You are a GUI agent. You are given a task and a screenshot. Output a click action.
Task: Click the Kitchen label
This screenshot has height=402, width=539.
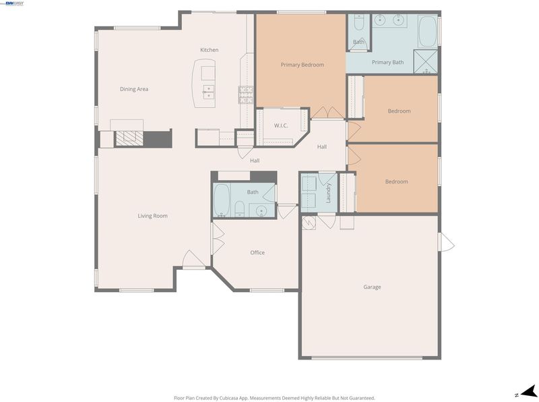[x=209, y=50]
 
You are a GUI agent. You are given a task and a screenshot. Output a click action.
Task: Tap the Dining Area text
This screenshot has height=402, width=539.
[x=134, y=89]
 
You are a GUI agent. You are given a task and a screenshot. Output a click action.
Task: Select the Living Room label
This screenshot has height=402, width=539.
[x=153, y=216]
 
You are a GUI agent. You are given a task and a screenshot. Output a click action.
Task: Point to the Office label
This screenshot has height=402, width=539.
[x=257, y=253]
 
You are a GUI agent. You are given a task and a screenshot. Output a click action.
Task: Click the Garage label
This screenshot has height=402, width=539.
[x=372, y=287]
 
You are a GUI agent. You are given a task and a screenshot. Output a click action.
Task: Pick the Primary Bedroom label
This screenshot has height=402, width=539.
[x=302, y=65]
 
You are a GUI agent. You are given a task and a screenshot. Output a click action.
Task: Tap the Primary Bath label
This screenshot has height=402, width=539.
[x=388, y=62]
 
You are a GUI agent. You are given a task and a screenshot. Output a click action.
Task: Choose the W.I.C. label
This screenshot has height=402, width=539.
[x=281, y=125]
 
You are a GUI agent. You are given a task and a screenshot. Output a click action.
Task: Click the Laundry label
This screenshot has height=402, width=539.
[x=328, y=193]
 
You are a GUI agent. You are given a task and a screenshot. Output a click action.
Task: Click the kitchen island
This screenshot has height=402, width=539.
[x=203, y=83]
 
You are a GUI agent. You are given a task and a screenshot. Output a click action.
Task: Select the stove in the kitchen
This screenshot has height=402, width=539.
[x=246, y=95]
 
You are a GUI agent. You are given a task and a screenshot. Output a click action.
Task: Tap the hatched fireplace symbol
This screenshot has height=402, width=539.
[x=129, y=138]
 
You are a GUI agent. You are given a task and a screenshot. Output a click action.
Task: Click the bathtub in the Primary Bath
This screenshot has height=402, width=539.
[x=427, y=31]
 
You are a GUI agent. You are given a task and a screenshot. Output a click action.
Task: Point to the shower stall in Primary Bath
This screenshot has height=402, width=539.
[x=426, y=61]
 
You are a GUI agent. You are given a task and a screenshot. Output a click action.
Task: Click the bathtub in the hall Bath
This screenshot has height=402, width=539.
[x=222, y=200]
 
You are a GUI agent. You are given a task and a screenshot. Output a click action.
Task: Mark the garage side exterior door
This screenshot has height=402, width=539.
[x=446, y=242]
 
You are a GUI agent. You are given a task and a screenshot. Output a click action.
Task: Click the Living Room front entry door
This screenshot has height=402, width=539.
[x=193, y=259]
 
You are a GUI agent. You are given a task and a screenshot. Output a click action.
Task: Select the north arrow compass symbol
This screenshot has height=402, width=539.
[x=528, y=392]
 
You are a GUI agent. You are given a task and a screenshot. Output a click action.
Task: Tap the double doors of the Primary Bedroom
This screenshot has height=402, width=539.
[x=327, y=113]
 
